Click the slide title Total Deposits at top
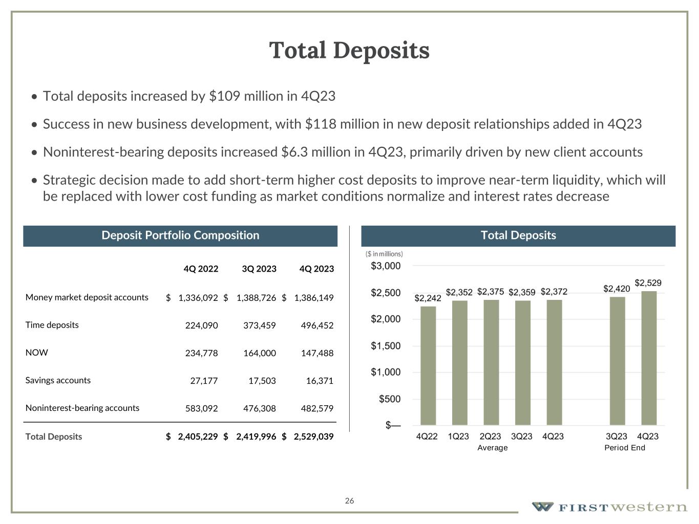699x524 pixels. (349, 50)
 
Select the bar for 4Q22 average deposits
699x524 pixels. (428, 365)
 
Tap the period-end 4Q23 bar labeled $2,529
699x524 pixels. (649, 358)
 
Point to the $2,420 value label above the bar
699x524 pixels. (617, 289)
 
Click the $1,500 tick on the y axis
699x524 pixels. (386, 346)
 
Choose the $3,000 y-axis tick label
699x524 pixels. (386, 266)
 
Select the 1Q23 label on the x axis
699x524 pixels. (458, 436)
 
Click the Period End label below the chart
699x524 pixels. (625, 448)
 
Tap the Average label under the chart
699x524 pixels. (493, 448)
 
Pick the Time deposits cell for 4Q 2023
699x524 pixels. (317, 325)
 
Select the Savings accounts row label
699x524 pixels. (58, 380)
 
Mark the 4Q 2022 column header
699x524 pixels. (201, 269)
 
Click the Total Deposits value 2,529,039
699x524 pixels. (313, 436)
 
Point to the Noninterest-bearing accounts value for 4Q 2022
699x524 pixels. (201, 408)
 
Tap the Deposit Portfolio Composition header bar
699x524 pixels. (180, 235)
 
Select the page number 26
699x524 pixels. (349, 500)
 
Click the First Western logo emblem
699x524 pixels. (542, 507)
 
